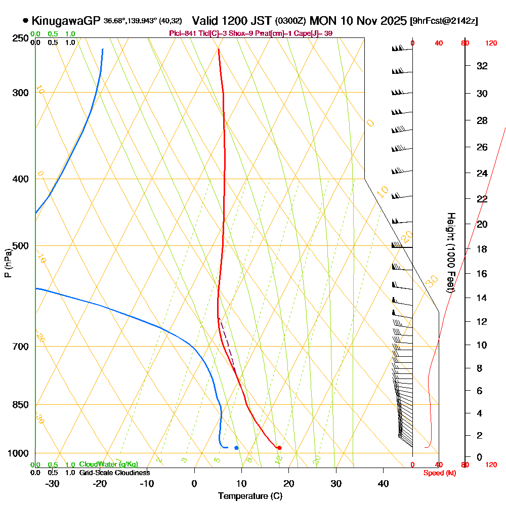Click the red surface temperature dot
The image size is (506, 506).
tap(279, 447)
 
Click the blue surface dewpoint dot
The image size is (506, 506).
tap(236, 448)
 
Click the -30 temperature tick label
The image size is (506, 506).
tap(53, 483)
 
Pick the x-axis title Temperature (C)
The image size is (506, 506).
tap(250, 496)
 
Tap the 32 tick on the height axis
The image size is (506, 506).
tap(482, 66)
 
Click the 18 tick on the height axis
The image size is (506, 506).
tap(482, 249)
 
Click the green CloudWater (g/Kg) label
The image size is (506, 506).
tap(108, 465)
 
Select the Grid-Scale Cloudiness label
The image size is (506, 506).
tap(114, 473)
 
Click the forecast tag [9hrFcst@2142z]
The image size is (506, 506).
tap(443, 21)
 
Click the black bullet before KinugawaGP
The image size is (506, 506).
tap(25, 21)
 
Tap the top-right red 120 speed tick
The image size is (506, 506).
tap(490, 43)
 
